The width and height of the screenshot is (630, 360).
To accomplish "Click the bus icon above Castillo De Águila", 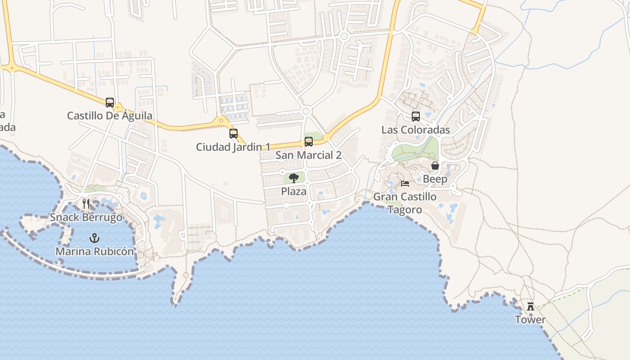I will (x=110, y=103).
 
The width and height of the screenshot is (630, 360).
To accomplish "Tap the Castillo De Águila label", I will (x=110, y=116).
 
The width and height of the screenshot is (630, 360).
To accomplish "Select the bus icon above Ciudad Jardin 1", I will (x=233, y=134).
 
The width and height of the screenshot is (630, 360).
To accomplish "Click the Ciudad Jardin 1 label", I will (x=233, y=147).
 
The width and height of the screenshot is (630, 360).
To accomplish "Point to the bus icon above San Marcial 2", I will (x=309, y=142).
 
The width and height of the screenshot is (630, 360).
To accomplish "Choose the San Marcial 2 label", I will (x=309, y=155).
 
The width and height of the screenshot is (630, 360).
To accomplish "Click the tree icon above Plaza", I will (x=294, y=178).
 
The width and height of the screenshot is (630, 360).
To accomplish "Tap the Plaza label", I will (x=294, y=191).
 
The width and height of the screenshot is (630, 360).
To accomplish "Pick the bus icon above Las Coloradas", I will (x=416, y=117).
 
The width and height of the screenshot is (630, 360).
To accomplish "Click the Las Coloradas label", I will (x=416, y=130).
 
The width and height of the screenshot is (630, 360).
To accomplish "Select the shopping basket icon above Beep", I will (x=435, y=166).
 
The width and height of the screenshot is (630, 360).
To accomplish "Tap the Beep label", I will (x=435, y=179).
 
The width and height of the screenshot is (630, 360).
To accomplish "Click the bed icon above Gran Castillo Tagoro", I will (x=405, y=184).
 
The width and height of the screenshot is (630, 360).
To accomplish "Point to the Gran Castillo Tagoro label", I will (x=405, y=203).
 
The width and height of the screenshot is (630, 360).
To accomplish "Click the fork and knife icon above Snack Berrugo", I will (x=86, y=204).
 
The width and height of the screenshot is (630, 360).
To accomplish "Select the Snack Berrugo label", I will (x=86, y=217).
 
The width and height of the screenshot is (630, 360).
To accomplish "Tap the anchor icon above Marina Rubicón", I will (x=94, y=238).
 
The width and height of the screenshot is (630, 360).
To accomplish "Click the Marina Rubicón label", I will (x=94, y=251).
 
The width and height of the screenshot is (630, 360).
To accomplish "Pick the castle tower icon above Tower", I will (x=531, y=306).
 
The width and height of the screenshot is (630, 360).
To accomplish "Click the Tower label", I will (x=531, y=320).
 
